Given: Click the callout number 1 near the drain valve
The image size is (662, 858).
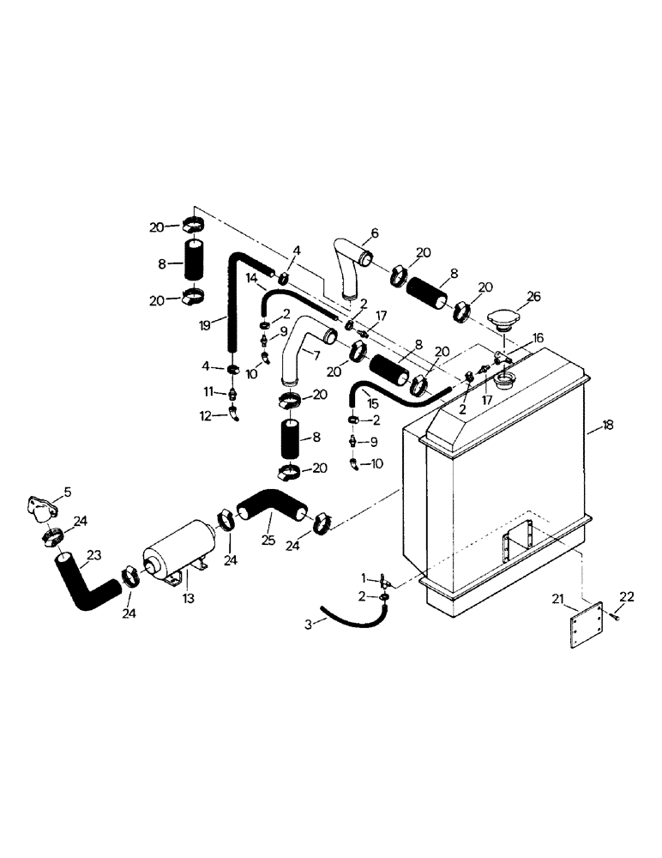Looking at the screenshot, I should pos(364,577).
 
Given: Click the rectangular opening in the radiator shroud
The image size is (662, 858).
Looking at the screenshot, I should pos(520,540).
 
